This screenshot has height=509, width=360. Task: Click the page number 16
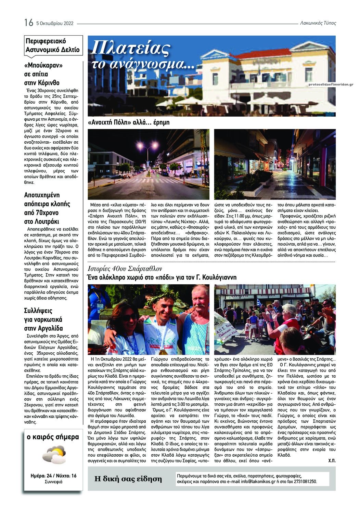29,23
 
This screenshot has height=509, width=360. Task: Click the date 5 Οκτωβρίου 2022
55,23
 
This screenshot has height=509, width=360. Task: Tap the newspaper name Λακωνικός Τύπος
318,23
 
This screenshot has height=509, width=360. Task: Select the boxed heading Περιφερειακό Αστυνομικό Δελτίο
53,45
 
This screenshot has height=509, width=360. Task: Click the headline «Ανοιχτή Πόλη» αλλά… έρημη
128,122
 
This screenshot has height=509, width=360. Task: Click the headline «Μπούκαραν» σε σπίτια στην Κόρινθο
42,74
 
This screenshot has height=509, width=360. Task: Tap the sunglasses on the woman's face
130,317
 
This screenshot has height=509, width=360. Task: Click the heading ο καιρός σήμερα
53,437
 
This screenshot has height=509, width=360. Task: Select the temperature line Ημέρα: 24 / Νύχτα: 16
53,476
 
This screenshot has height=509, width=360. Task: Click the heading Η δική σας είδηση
128,479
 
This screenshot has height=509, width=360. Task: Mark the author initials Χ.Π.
332,461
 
